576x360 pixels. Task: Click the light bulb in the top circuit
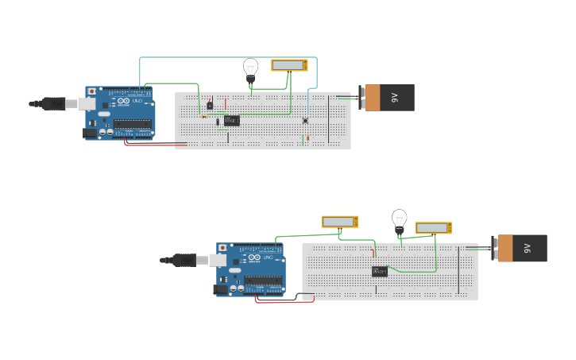click(x=250, y=68)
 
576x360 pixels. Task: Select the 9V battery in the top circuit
click(x=388, y=98)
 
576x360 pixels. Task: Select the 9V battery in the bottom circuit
click(x=520, y=248)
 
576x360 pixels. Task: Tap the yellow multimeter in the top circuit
click(x=289, y=65)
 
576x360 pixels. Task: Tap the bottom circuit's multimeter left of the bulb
click(x=340, y=222)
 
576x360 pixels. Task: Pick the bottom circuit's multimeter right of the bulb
click(x=433, y=228)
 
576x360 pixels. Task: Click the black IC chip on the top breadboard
click(x=231, y=121)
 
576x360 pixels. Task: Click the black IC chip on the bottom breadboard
click(x=380, y=272)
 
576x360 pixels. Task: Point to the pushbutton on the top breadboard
click(x=305, y=121)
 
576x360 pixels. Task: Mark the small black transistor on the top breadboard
click(x=210, y=105)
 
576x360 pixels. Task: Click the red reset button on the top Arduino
click(x=91, y=92)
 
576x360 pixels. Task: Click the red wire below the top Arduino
click(x=151, y=145)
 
